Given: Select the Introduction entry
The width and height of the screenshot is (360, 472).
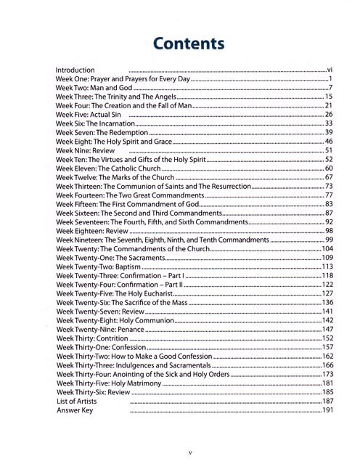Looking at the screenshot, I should [75, 70].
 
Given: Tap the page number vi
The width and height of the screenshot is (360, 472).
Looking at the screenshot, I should [329, 70].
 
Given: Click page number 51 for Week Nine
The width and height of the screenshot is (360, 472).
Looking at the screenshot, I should [328, 150].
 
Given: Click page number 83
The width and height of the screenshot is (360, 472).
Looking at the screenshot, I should [328, 204].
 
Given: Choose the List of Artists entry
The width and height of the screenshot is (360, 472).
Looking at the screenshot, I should [76, 401].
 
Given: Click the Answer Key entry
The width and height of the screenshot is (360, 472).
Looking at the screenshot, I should [73, 410].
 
